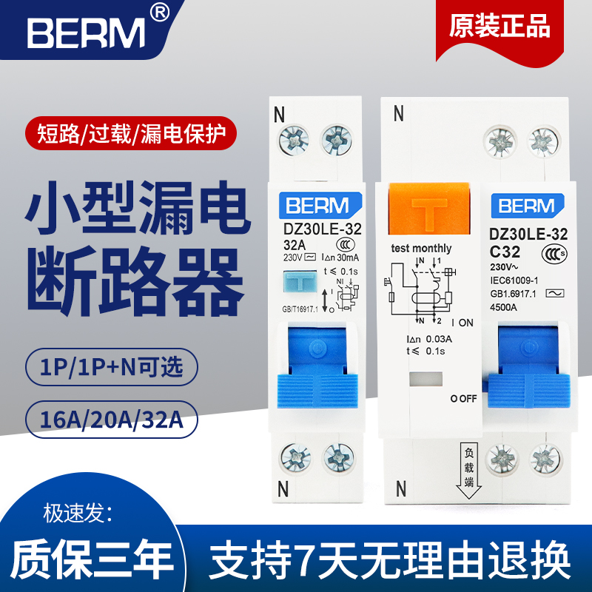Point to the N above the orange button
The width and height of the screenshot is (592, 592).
coord(399,114)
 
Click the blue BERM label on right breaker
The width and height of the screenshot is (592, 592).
coord(526,206)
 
